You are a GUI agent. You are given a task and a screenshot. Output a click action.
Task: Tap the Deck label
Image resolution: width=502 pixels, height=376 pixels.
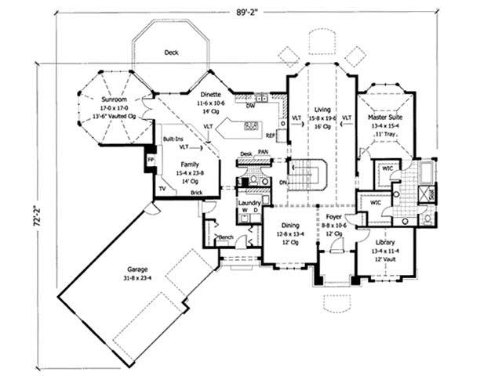pos(171,52)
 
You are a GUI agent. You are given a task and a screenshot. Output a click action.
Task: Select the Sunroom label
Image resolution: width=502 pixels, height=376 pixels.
pos(118,100)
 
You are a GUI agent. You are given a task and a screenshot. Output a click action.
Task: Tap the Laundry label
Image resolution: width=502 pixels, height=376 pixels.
pos(249,203)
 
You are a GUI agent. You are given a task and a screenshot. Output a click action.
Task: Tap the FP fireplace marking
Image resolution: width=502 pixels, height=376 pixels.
pos(149,160)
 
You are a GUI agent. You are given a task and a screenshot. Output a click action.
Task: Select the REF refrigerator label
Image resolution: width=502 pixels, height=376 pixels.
pos(271,134)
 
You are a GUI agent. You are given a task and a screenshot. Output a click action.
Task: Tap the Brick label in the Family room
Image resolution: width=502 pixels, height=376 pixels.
pos(196,192)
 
